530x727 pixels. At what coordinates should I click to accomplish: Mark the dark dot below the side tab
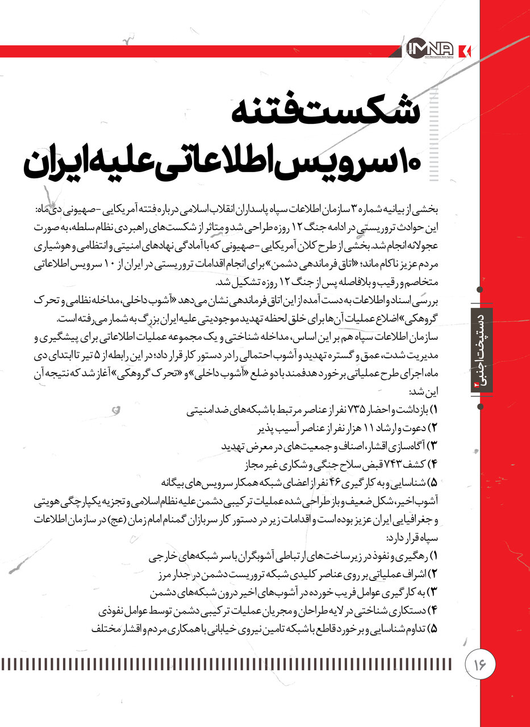tap(481, 407)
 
